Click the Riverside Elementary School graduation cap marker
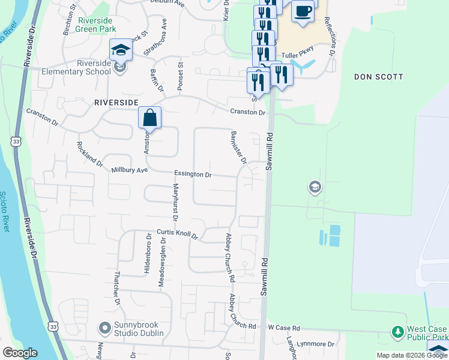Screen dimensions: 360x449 (x=120, y=50)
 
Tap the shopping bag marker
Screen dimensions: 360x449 (x=150, y=118)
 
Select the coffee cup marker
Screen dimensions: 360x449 (x=303, y=11)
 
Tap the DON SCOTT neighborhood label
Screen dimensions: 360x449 (x=378, y=77)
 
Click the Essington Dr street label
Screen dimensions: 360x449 (x=193, y=175)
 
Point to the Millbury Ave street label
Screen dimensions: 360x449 (x=129, y=170)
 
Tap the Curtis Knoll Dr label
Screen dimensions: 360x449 (x=177, y=233)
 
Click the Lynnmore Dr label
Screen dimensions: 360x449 (x=319, y=344)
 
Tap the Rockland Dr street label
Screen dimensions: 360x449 (x=90, y=152)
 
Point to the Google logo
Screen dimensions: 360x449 (x=20, y=353)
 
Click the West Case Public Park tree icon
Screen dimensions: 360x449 (x=397, y=331)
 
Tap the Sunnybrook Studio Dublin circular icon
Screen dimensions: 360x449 (x=104, y=328)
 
